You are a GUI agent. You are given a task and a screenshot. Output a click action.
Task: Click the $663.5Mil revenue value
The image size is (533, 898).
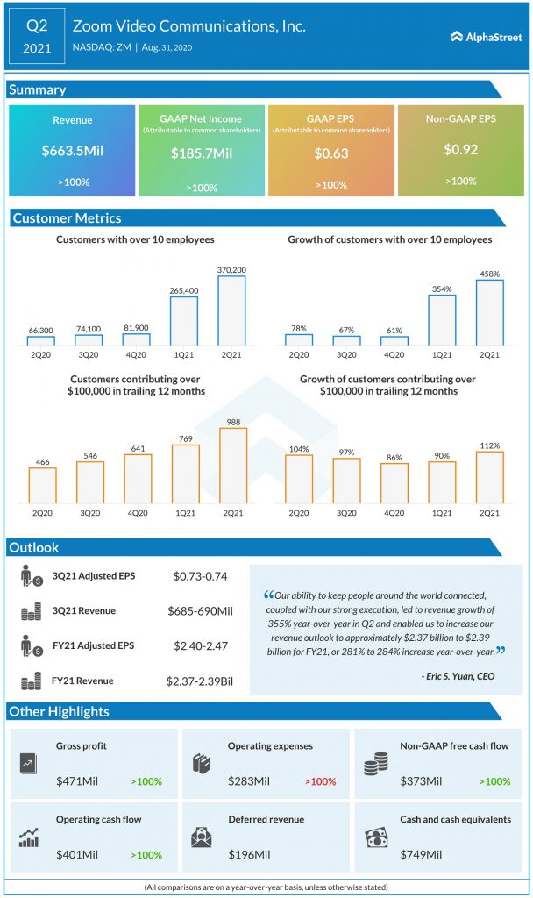(x=72, y=151)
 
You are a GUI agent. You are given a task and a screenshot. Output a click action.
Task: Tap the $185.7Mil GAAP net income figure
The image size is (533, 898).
(x=202, y=153)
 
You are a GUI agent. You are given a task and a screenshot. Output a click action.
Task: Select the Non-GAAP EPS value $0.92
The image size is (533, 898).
(x=459, y=150)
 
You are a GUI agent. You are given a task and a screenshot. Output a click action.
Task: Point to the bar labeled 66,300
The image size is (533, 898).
(x=41, y=340)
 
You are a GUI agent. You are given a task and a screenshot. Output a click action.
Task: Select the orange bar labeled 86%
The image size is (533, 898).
(x=394, y=485)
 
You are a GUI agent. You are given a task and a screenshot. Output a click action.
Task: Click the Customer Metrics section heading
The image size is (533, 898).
(x=67, y=218)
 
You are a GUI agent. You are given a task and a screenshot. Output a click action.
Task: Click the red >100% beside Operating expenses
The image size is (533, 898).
(x=320, y=780)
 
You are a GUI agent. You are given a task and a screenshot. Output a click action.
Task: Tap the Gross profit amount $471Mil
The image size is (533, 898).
(x=74, y=780)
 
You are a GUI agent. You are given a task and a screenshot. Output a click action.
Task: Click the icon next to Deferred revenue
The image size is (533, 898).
(x=203, y=837)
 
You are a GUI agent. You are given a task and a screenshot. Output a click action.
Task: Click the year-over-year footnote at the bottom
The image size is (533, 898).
(x=266, y=887)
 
